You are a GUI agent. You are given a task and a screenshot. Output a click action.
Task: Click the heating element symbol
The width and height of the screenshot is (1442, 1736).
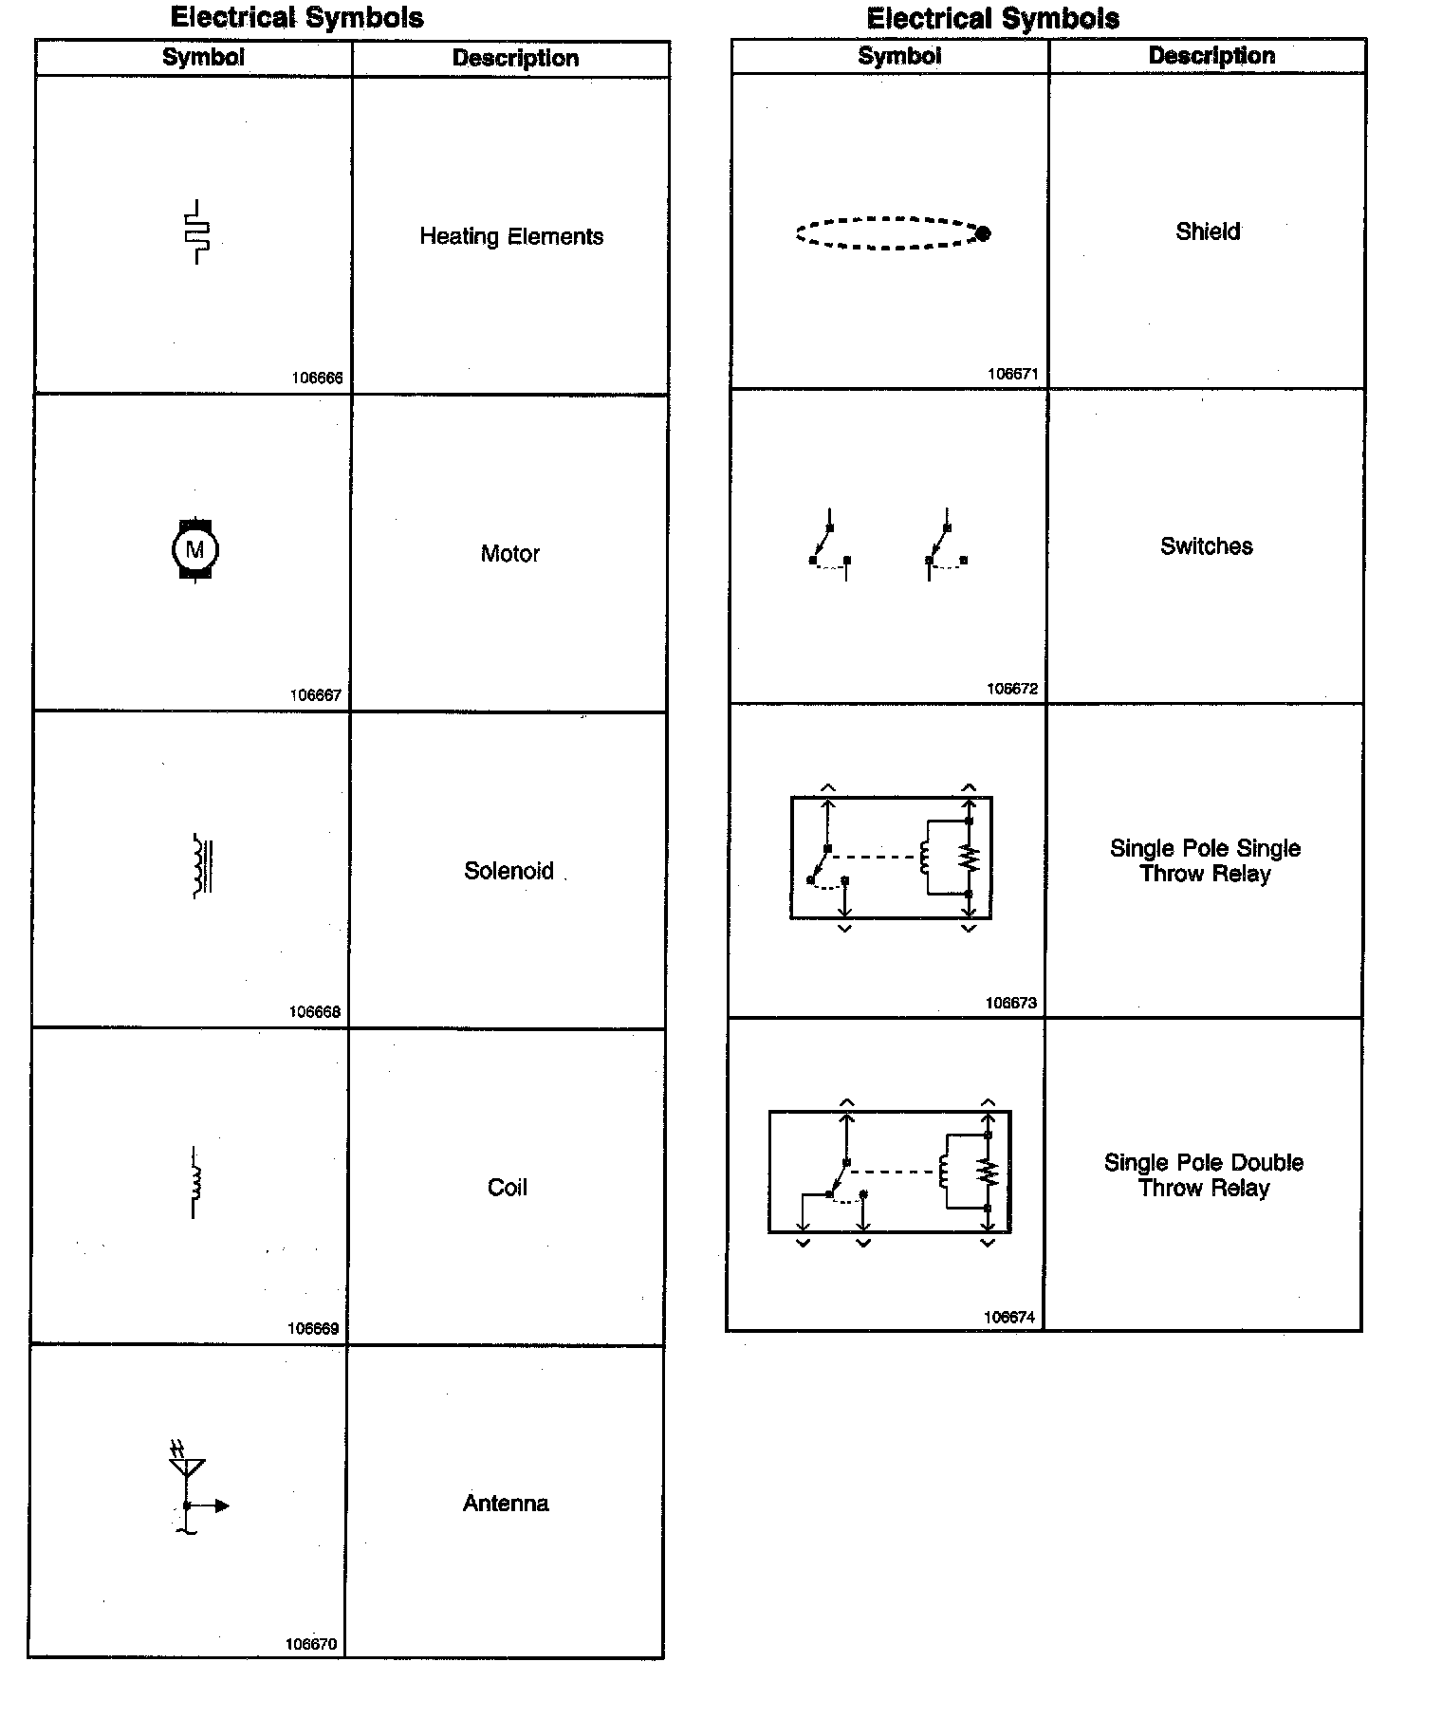point(196,231)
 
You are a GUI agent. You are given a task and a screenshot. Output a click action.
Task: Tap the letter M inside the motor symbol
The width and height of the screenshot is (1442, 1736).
point(194,549)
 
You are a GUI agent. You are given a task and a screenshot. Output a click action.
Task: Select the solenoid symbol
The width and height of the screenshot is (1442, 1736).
point(201,866)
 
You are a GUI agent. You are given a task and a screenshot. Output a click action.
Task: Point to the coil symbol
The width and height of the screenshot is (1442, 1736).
point(195,1182)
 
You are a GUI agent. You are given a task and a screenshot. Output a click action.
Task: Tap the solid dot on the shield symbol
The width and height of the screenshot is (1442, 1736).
point(983,233)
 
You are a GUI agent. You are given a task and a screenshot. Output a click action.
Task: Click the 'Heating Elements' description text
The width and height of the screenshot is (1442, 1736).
point(511,236)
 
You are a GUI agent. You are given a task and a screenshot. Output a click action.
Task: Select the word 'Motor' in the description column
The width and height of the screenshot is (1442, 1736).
point(509,553)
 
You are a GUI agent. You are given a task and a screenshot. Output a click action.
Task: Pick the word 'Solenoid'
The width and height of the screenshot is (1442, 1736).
point(508,871)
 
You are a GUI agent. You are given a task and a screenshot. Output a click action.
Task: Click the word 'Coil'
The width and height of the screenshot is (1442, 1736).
point(507,1188)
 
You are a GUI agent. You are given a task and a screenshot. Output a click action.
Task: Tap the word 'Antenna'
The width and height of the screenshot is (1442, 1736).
point(506,1504)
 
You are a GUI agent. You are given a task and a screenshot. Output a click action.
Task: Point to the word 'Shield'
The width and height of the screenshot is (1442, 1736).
point(1208,231)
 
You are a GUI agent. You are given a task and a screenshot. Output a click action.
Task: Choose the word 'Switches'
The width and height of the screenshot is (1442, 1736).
point(1206,546)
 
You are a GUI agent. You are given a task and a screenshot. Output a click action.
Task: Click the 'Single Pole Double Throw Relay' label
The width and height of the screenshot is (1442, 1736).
point(1203,1175)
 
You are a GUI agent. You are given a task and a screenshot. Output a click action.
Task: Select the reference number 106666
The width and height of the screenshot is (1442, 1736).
point(317,378)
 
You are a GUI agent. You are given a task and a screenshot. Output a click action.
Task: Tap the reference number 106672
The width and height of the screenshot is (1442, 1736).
point(1012,689)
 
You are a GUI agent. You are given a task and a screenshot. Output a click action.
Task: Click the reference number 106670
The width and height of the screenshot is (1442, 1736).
point(311,1644)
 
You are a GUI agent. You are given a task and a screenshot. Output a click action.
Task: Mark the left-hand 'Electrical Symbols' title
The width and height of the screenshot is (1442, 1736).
point(297,17)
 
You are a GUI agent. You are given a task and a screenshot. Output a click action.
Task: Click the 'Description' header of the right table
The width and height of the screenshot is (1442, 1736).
point(1211,55)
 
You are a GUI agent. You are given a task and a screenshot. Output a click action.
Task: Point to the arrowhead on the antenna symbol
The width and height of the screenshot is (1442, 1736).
point(222,1505)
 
